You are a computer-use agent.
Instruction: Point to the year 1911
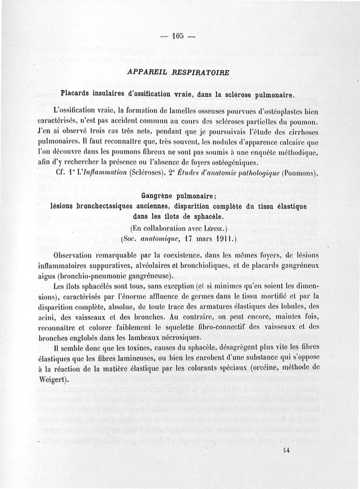(x=224, y=239)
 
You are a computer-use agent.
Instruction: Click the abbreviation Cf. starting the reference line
(x=57, y=172)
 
